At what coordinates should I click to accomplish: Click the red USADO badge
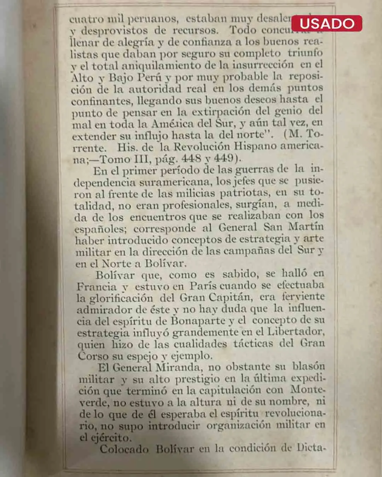click(x=327, y=23)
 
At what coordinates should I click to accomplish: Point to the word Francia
click(x=97, y=287)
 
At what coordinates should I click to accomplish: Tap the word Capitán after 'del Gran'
click(x=230, y=297)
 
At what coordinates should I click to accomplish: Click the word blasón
click(x=308, y=366)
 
